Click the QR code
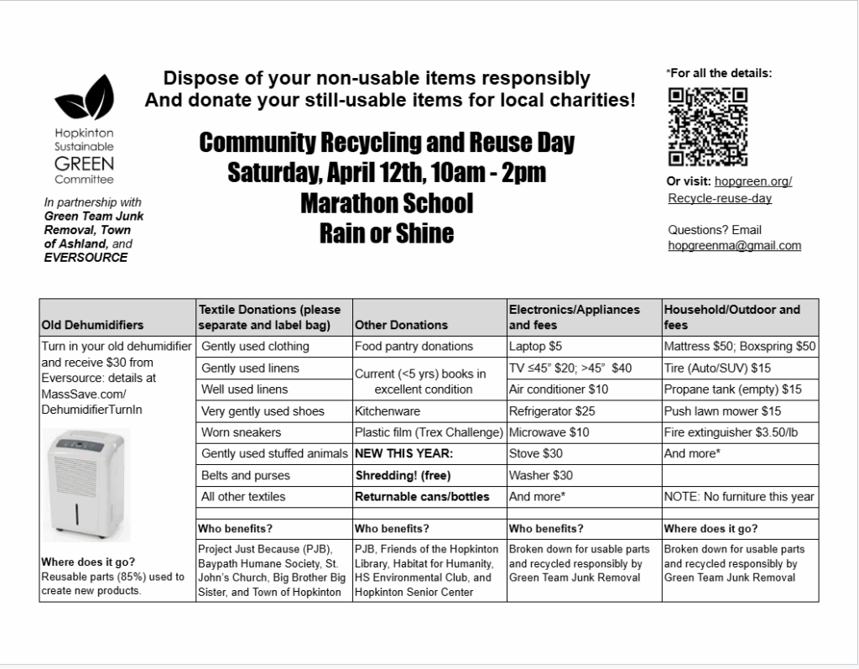point(708,127)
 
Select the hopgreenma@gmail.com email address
point(734,246)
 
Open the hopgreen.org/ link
point(753,181)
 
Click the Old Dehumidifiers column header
point(92,325)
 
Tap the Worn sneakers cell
point(241,432)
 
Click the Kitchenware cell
point(387,411)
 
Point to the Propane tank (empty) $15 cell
point(732,389)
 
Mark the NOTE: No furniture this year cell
point(738,496)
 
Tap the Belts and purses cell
point(245,475)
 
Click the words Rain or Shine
point(386,233)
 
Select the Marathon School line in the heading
point(386,203)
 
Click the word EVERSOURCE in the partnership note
point(86,258)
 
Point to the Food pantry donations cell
point(414,346)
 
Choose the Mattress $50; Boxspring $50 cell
point(739,346)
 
